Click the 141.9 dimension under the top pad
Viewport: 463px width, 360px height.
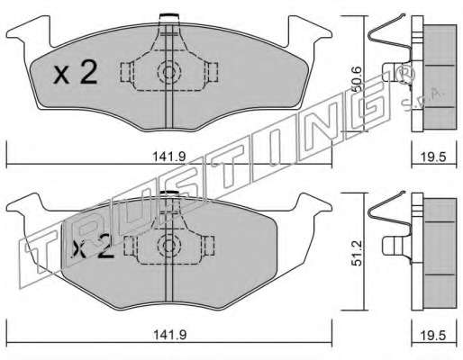[169, 157]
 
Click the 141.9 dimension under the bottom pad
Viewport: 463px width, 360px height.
[169, 335]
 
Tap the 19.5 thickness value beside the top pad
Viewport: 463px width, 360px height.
[434, 157]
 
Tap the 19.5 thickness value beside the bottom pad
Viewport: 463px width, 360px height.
[434, 335]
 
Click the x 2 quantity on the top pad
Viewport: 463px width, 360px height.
[76, 73]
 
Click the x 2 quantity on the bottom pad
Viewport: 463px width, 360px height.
[93, 247]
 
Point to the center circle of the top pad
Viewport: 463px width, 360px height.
[169, 72]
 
